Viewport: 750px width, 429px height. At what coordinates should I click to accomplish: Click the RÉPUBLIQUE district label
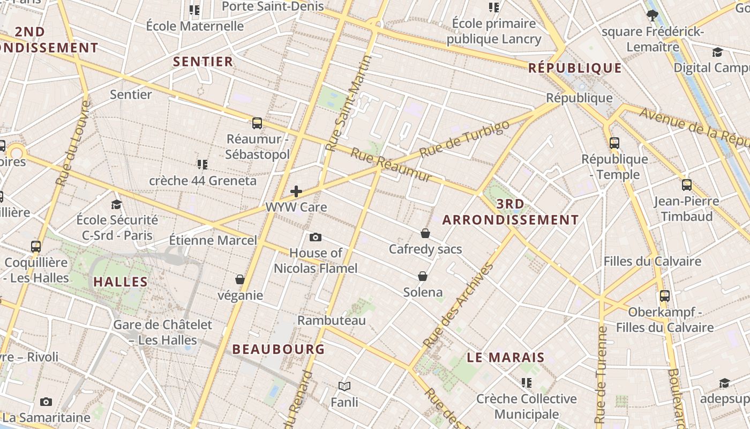tap(575, 68)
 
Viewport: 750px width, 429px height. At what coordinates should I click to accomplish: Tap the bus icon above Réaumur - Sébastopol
tap(257, 123)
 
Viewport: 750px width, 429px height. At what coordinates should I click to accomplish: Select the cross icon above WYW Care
tap(296, 191)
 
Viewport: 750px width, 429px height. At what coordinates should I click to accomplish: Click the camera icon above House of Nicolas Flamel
tap(316, 237)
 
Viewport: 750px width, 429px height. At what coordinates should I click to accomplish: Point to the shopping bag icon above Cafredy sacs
tap(425, 233)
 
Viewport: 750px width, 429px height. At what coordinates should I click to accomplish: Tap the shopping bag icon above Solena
tap(423, 276)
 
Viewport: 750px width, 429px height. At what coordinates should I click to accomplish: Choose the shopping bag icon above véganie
tap(240, 279)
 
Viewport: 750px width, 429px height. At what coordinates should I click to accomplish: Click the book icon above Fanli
tap(344, 386)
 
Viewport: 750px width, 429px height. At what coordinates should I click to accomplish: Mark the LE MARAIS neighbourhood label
tap(506, 358)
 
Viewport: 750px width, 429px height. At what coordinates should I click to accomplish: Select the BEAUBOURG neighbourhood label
tap(279, 349)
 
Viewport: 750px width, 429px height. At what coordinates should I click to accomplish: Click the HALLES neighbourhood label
tap(121, 282)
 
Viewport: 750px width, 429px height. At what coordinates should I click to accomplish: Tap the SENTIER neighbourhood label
tap(203, 62)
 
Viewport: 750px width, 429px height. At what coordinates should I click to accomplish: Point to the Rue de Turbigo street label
tap(464, 139)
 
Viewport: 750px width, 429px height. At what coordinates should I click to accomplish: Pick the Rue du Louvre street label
tap(72, 143)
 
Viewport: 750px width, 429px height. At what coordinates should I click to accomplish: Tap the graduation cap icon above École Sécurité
tap(116, 204)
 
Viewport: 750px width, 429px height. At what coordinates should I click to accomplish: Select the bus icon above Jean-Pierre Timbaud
tap(687, 186)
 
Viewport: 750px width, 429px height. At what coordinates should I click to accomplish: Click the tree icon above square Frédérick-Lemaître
tap(652, 15)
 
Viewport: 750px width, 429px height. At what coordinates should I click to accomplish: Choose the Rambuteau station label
tap(332, 321)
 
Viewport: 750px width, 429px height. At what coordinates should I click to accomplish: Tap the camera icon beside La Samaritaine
tap(46, 402)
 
